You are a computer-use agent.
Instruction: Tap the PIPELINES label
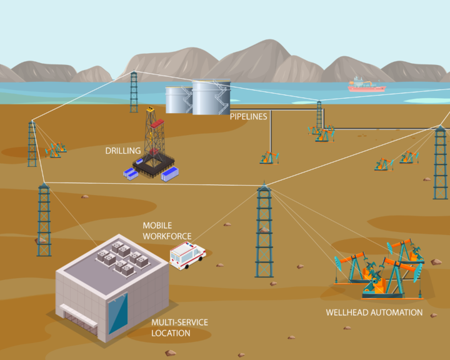[248, 116]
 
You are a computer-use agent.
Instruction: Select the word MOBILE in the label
[157, 226]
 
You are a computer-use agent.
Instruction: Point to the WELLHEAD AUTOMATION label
[374, 312]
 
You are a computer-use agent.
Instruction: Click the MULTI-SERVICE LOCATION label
[179, 327]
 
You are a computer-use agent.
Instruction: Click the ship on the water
[366, 86]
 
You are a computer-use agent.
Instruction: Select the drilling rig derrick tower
[151, 134]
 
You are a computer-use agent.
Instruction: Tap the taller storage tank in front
[211, 98]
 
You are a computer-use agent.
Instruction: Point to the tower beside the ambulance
[264, 231]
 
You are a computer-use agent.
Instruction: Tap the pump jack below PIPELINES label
[269, 157]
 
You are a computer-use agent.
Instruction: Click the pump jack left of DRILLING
[57, 149]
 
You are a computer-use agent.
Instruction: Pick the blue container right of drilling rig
[169, 174]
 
